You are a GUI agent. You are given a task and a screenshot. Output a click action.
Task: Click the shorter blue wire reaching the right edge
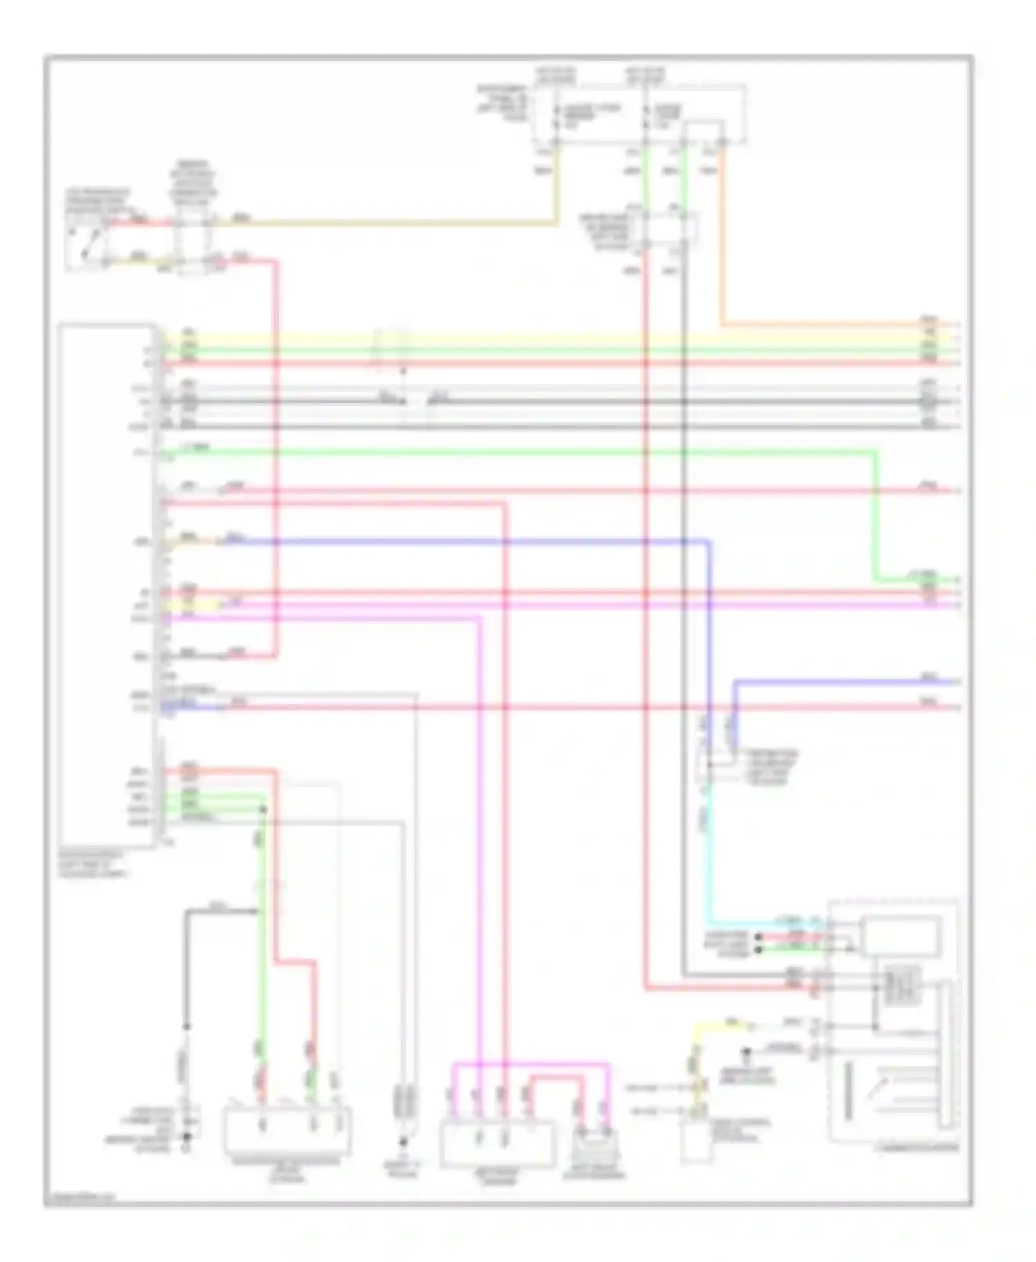click(843, 682)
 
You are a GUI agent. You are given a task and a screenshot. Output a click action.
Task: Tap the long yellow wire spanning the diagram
click(553, 339)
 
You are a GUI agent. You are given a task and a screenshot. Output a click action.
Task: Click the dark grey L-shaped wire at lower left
click(186, 967)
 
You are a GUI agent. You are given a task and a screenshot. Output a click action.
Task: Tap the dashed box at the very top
click(639, 115)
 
